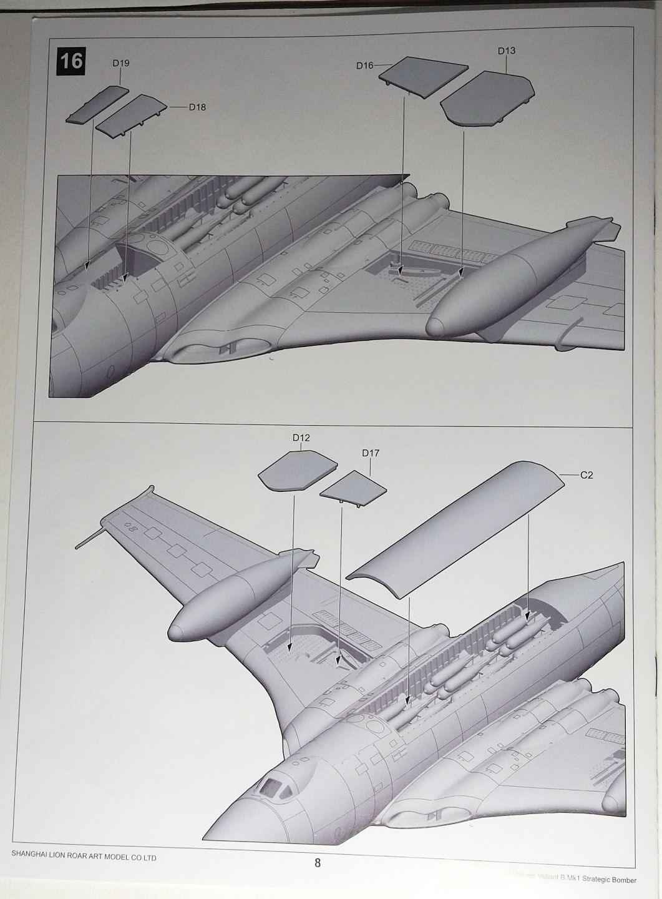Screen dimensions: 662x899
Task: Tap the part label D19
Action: (x=120, y=63)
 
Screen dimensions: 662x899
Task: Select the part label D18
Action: (x=197, y=107)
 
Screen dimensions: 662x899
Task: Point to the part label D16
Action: (x=365, y=65)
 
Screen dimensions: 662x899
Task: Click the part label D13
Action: (x=507, y=51)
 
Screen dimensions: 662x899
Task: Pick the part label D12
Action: (x=301, y=438)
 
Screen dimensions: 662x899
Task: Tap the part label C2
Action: (x=587, y=476)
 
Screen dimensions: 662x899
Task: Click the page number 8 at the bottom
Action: (x=318, y=863)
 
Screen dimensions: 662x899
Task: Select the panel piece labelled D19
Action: (x=94, y=104)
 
